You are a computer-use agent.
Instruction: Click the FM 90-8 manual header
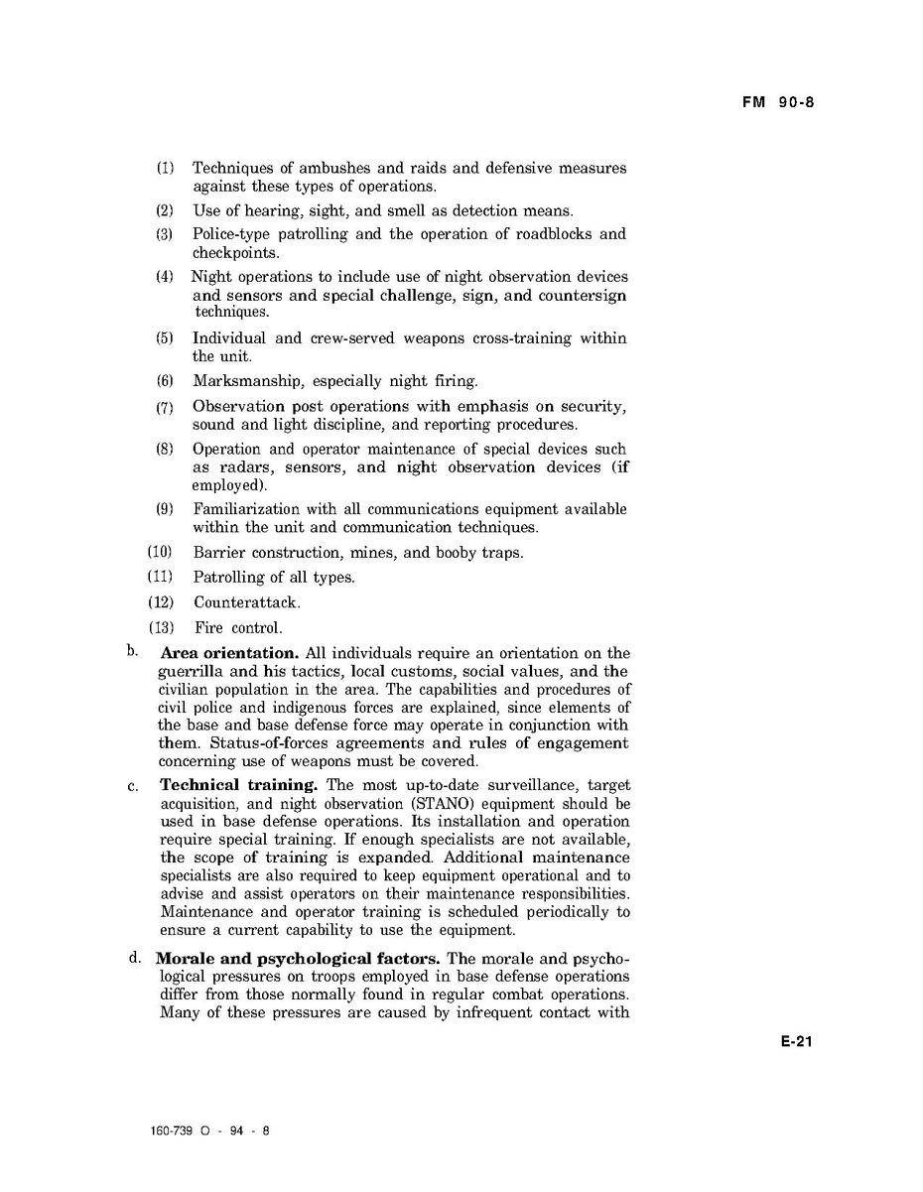(779, 102)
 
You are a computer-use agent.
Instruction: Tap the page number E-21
(796, 1041)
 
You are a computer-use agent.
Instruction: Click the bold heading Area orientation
(229, 653)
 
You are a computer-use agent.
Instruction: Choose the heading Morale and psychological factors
(300, 960)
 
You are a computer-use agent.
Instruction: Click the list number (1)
(165, 168)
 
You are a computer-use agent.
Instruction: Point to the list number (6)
(165, 381)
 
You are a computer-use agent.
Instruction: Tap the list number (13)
(161, 627)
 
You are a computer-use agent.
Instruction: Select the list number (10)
(161, 552)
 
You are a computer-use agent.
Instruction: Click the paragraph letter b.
(131, 651)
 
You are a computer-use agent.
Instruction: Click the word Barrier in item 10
(219, 552)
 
